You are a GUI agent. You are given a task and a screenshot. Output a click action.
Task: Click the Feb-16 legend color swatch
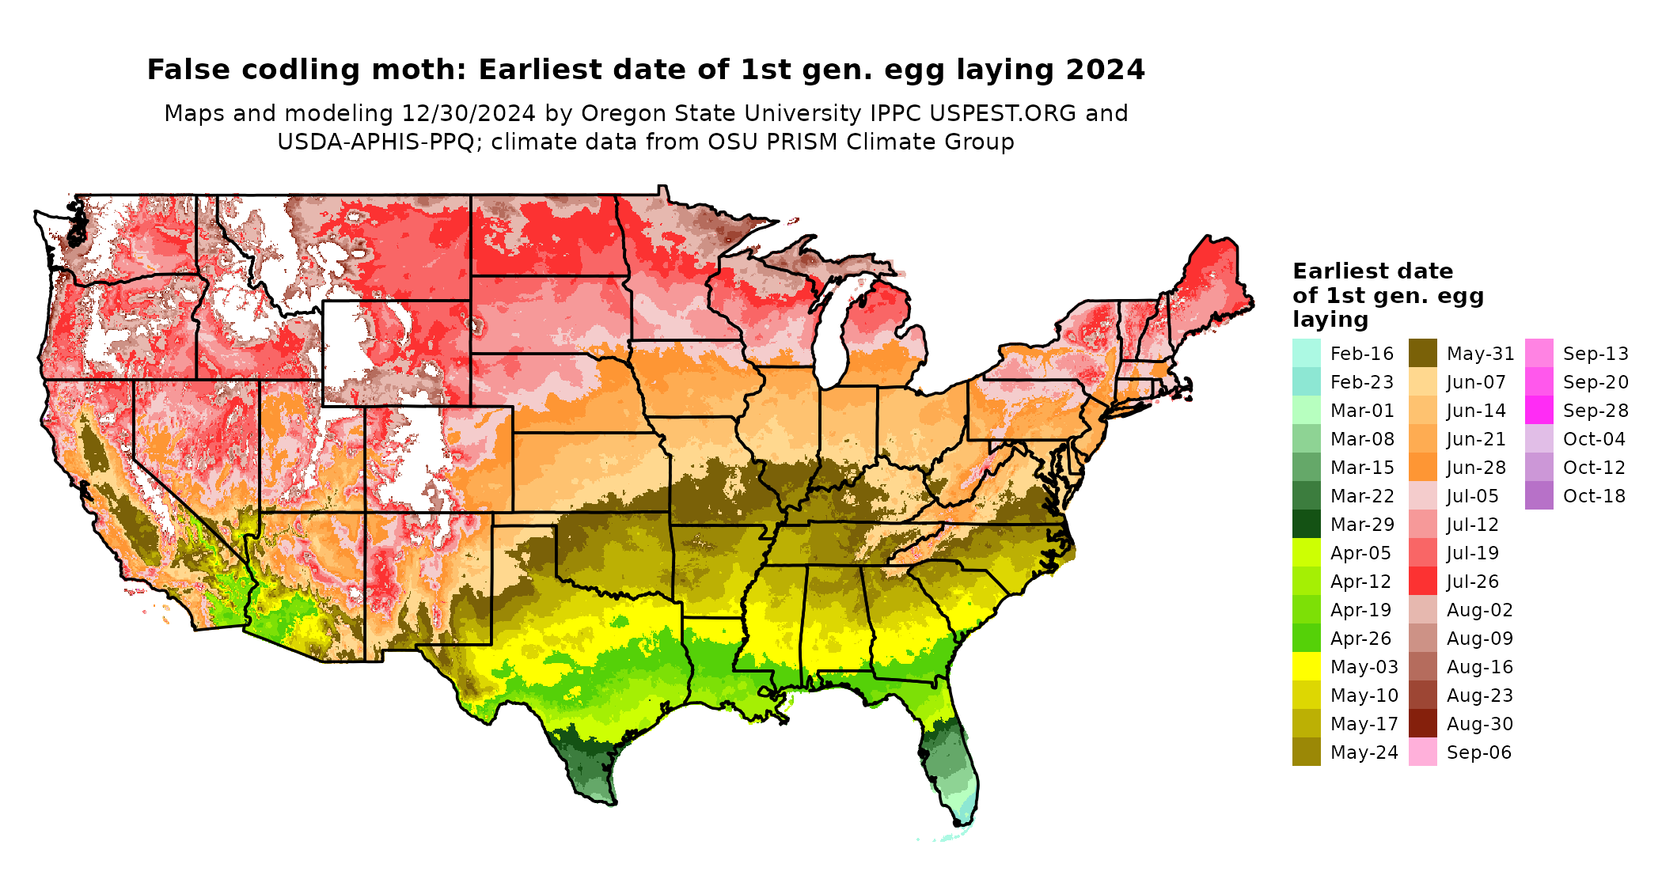[x=1306, y=353]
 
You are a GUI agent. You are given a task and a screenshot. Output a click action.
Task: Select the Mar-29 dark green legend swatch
[x=1306, y=524]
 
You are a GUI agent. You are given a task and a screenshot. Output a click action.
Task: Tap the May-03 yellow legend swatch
[x=1306, y=666]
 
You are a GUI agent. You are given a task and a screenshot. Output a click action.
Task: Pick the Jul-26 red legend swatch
[x=1422, y=581]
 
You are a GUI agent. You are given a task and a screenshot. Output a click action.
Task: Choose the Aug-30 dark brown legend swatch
[x=1422, y=723]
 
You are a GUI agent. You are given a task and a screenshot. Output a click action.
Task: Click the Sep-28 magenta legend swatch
[x=1539, y=410]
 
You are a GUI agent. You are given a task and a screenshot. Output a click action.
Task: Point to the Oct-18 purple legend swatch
[x=1539, y=495]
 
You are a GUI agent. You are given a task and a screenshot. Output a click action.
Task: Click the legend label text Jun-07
[x=1476, y=382]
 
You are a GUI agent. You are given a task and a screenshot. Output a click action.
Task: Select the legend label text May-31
[x=1480, y=354]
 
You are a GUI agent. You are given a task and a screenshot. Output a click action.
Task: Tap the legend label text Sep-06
[x=1478, y=752]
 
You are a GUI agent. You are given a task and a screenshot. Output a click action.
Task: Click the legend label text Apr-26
[x=1360, y=639]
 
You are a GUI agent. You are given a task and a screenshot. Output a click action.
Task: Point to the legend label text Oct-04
[x=1594, y=439]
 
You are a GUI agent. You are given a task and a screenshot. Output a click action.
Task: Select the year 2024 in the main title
[x=1105, y=70]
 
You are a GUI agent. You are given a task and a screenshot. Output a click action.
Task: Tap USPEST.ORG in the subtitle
[x=1003, y=113]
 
